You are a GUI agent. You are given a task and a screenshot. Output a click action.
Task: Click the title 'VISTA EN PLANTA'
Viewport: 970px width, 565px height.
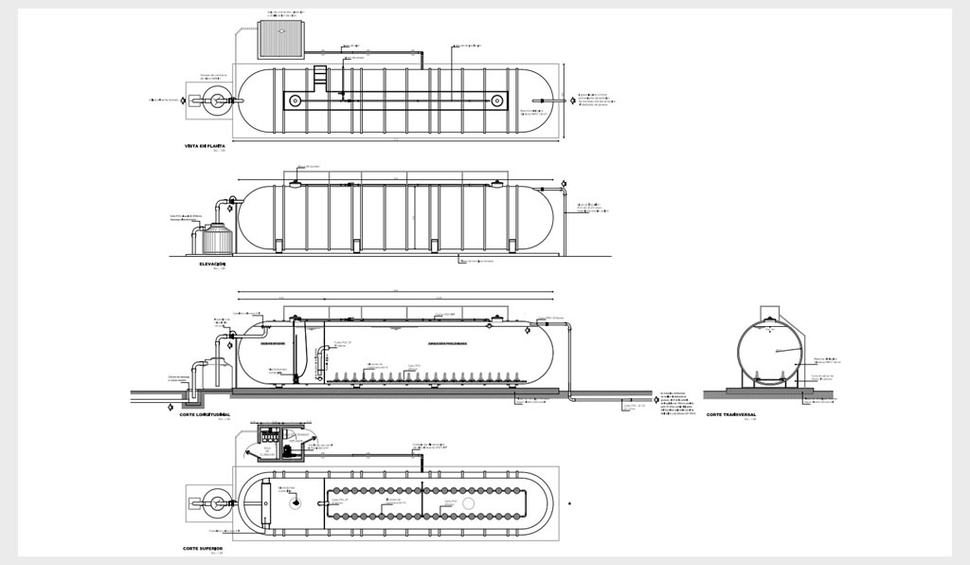(x=210, y=146)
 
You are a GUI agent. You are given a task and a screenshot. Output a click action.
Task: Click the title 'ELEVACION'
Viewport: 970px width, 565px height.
(x=212, y=264)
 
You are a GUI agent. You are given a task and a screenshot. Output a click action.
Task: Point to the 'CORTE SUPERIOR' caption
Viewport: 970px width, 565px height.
(x=203, y=548)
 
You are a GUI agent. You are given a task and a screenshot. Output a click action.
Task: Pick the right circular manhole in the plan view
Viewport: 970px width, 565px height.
(x=495, y=100)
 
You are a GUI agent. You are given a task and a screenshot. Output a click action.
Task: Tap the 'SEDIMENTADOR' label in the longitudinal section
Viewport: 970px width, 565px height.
(x=274, y=343)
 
